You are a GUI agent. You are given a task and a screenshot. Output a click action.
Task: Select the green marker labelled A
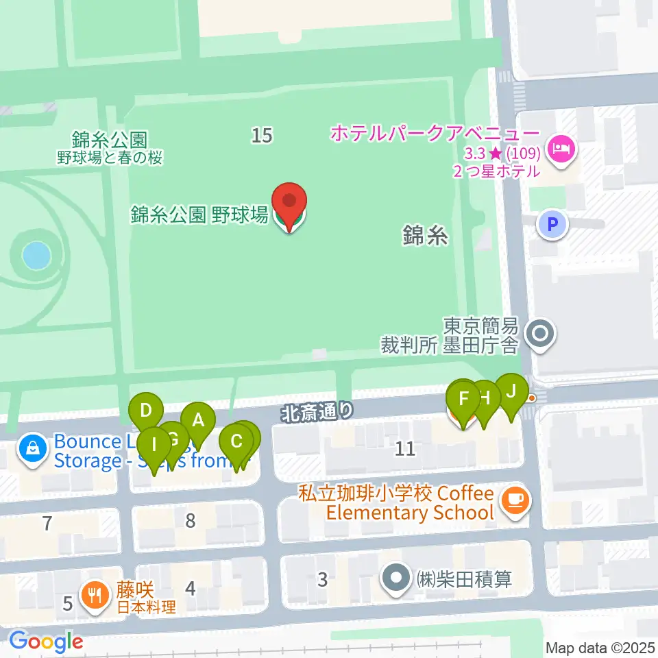click(x=198, y=421)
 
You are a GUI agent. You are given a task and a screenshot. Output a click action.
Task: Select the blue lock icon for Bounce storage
click(x=32, y=450)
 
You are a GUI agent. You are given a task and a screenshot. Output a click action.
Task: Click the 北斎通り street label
click(x=318, y=413)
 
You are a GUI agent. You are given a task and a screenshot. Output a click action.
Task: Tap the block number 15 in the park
click(x=262, y=136)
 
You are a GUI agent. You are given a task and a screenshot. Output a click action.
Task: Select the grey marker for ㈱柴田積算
click(x=396, y=579)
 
